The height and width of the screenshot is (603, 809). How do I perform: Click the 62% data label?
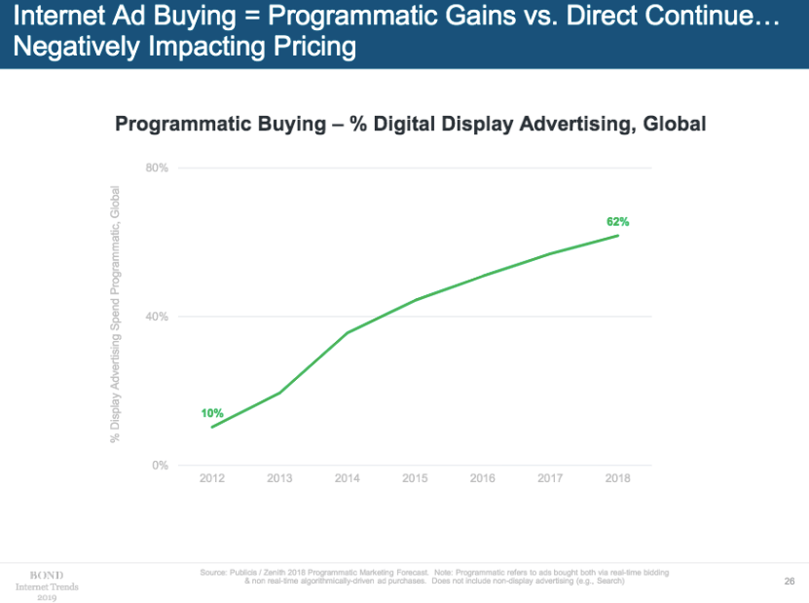618,222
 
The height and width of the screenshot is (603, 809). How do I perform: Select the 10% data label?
212,413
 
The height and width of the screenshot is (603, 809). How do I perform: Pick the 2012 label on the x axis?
212,479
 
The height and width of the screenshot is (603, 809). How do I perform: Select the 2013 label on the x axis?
280,479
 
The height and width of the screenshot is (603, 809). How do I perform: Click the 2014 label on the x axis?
348,479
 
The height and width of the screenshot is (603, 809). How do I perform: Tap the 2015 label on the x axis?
416,479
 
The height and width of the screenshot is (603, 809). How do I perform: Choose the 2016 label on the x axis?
483,479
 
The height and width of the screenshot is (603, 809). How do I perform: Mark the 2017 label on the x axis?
551,479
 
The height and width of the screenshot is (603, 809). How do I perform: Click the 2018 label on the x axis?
618,479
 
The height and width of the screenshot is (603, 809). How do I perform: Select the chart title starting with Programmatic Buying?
410,125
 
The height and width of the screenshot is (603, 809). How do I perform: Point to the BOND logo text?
47,576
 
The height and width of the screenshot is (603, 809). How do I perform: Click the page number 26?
790,582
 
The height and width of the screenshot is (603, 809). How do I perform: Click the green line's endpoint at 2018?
618,235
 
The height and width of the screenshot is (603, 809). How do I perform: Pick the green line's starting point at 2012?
212,427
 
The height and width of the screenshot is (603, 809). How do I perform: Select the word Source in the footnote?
215,572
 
